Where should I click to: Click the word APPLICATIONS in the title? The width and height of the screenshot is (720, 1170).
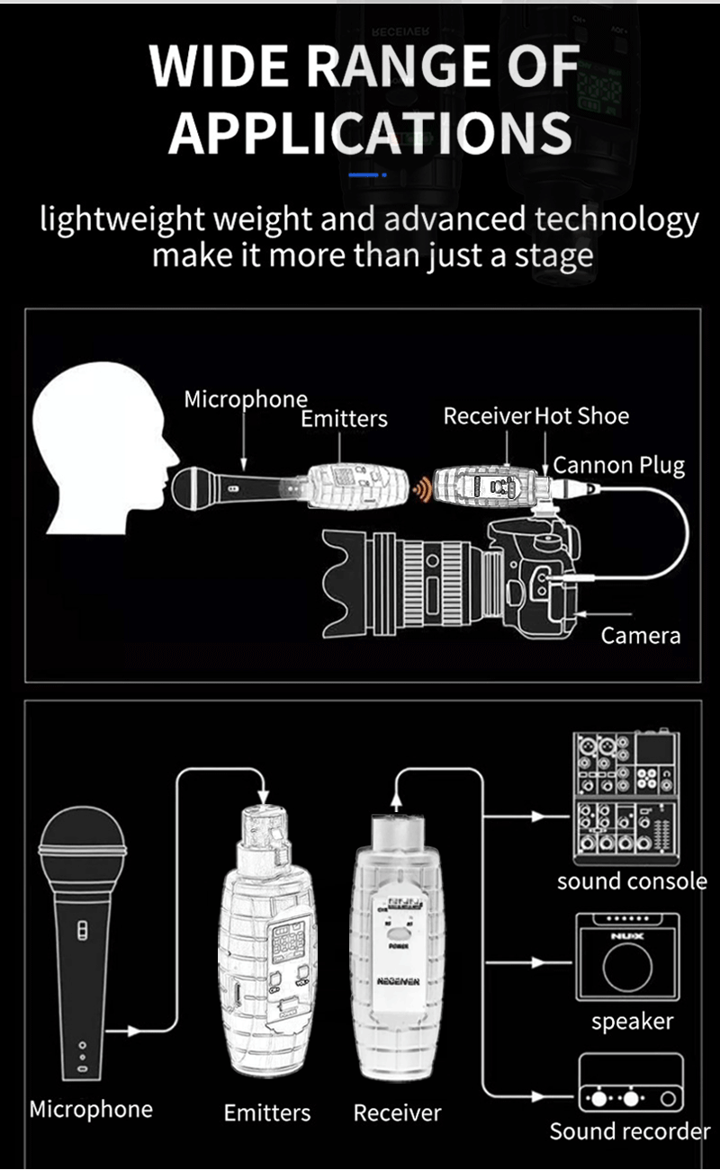tap(370, 132)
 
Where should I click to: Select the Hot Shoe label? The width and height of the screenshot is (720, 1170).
tap(581, 416)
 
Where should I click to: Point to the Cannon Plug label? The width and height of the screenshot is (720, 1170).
tap(619, 465)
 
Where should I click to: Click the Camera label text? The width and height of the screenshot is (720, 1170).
tap(641, 636)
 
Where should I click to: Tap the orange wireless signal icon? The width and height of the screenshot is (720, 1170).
tap(419, 489)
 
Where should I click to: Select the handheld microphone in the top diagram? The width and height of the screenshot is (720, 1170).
tap(225, 488)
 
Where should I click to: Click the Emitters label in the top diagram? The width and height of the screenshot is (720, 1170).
tap(344, 418)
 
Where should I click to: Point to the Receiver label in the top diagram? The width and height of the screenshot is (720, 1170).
tap(487, 416)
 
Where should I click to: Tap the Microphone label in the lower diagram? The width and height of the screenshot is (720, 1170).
tap(91, 1109)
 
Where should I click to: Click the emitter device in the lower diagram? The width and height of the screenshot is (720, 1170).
tap(267, 935)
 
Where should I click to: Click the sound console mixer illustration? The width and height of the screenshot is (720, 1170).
tap(626, 792)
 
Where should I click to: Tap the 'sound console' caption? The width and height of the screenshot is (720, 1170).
tap(632, 881)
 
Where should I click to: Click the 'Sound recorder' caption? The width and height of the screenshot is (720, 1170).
tap(630, 1130)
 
